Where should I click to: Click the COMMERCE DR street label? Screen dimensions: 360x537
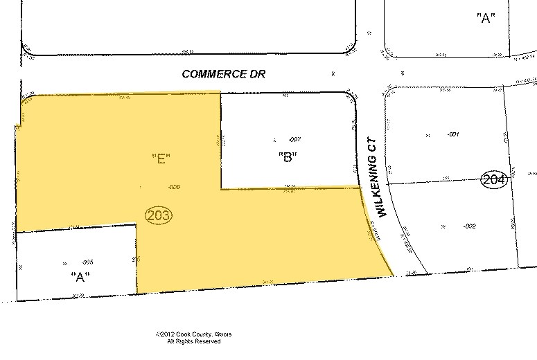(x=224, y=73)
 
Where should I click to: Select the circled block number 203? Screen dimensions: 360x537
(x=159, y=215)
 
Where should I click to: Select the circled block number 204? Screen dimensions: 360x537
(x=495, y=180)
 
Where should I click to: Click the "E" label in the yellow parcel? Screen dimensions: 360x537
(x=161, y=159)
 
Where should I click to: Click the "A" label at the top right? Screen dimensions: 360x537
(x=484, y=19)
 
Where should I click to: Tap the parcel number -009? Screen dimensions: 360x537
(x=175, y=187)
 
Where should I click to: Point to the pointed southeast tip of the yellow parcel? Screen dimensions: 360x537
(x=394, y=275)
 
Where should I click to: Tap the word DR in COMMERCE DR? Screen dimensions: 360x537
(x=258, y=73)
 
